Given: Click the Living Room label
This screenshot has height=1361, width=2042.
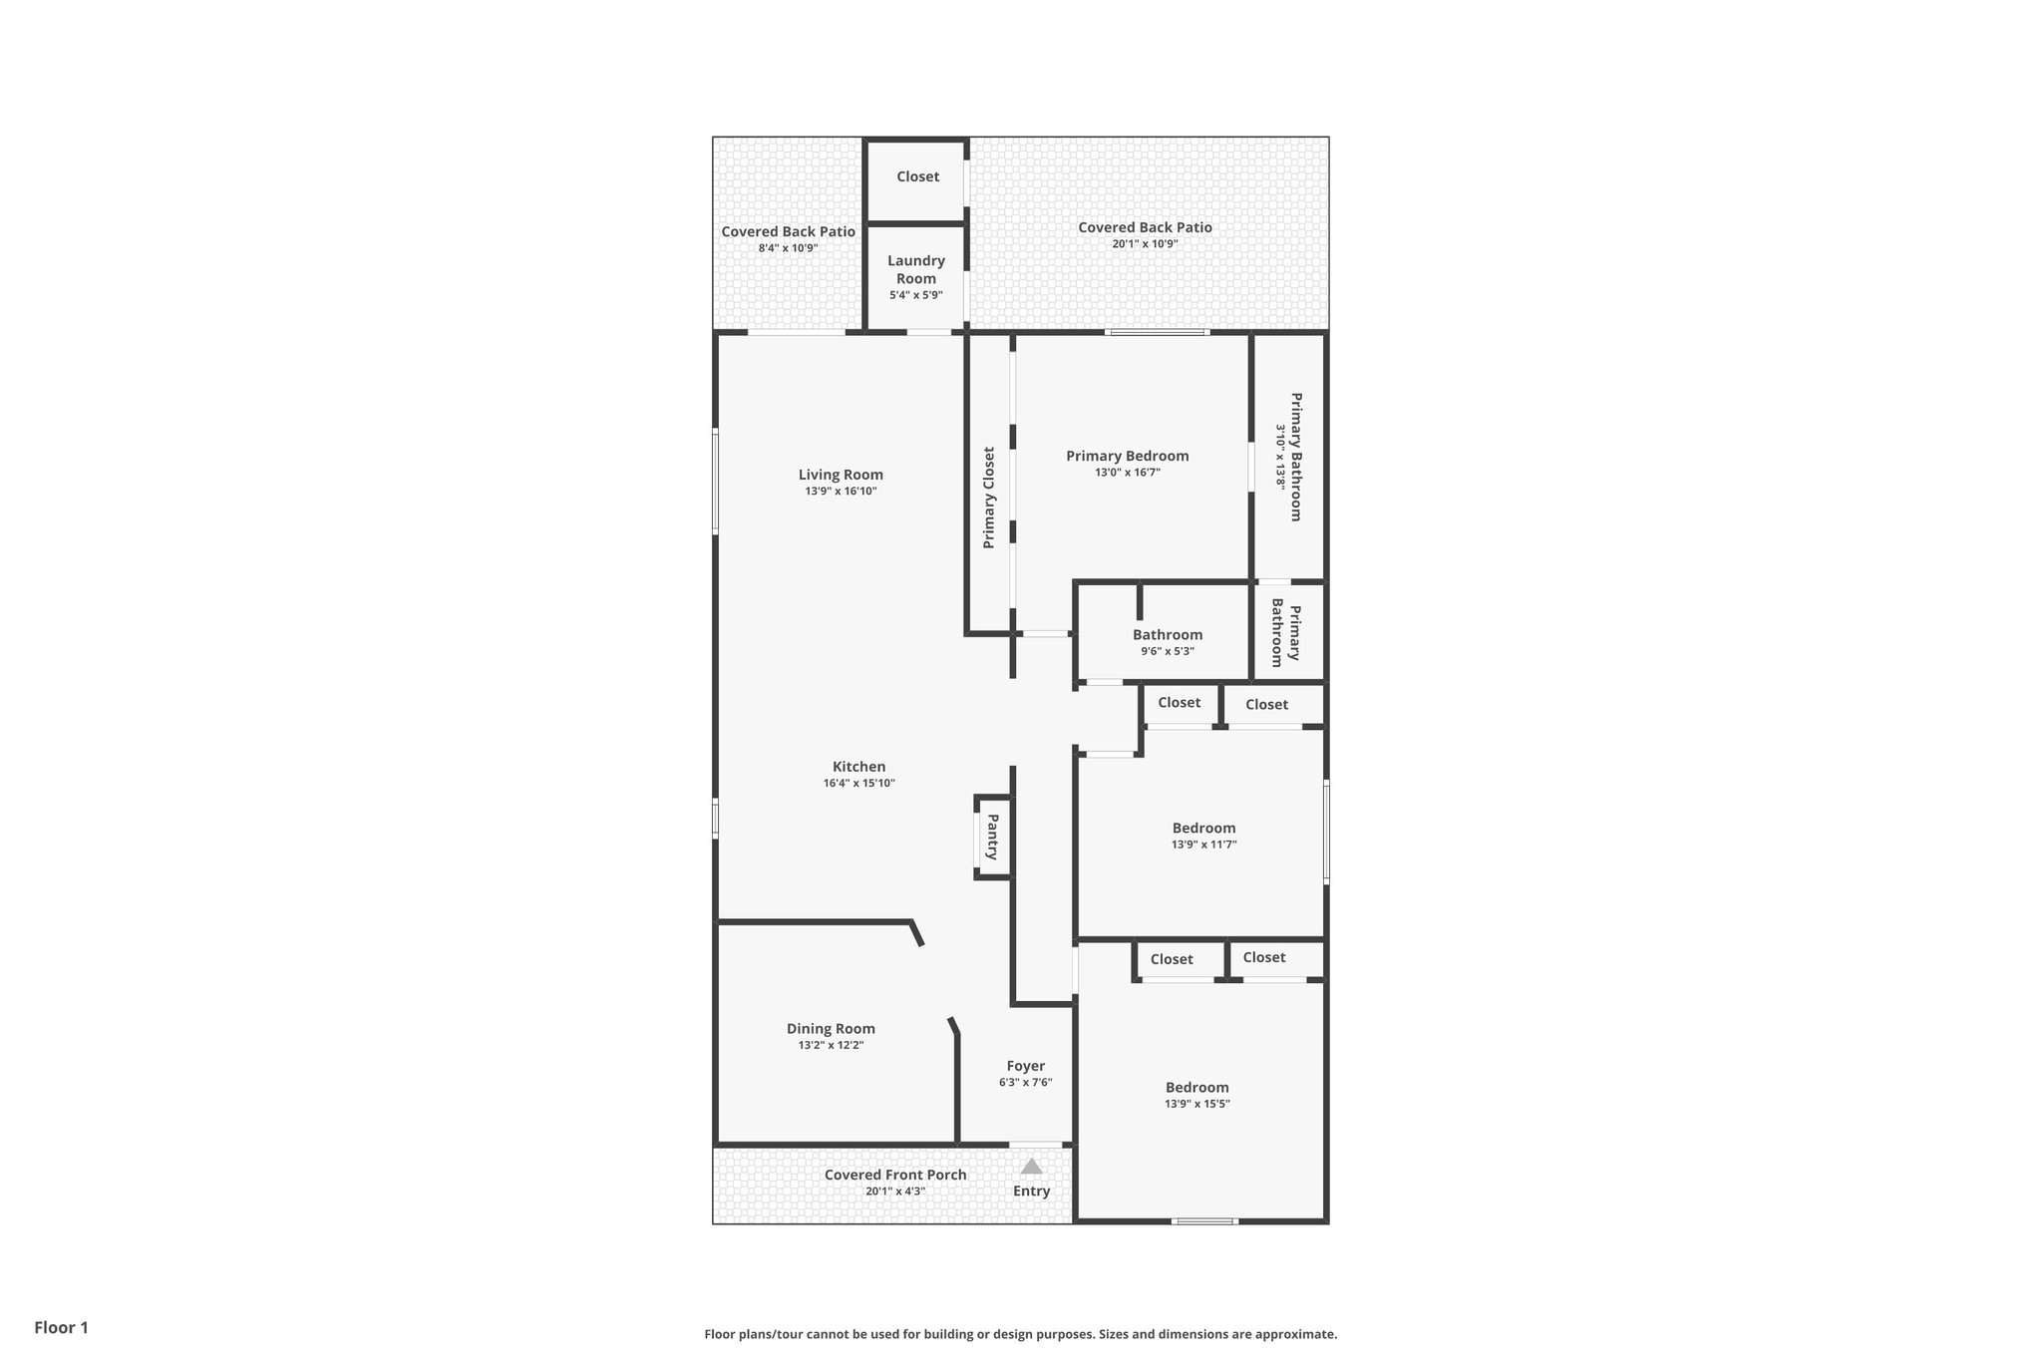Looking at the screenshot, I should point(841,475).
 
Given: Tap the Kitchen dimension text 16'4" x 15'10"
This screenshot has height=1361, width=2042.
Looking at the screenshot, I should point(858,784).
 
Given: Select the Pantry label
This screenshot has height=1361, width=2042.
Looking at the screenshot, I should point(993,838).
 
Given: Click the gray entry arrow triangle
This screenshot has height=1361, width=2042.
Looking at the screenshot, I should point(1031,1166).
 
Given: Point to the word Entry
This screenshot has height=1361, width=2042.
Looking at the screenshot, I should point(1031,1191).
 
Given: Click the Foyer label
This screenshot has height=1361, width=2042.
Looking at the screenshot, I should point(1025,1066).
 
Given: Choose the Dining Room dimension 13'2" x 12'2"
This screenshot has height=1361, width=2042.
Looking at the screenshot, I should point(831,1045).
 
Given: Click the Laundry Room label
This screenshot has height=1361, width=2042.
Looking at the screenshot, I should point(916,269).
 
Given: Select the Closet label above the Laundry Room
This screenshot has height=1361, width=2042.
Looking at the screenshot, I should point(917,176).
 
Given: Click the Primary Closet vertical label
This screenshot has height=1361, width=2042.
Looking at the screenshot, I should point(989,498).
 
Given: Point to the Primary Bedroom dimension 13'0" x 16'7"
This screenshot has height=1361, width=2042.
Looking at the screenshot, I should point(1127,473).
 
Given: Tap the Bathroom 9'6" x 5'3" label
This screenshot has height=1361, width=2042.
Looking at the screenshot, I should point(1168,635).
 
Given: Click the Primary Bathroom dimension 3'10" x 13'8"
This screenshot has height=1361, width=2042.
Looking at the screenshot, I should point(1281,457).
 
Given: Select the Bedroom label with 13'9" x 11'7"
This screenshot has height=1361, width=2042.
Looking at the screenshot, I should point(1203,828).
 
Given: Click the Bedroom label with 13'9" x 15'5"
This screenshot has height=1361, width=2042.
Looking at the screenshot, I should point(1196,1088).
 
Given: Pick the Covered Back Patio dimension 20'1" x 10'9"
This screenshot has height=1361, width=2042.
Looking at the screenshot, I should point(1145,244).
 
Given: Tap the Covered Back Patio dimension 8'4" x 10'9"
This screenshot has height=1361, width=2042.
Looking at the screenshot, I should point(788,248).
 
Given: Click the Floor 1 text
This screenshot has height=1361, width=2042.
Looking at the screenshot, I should point(62,1327).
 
